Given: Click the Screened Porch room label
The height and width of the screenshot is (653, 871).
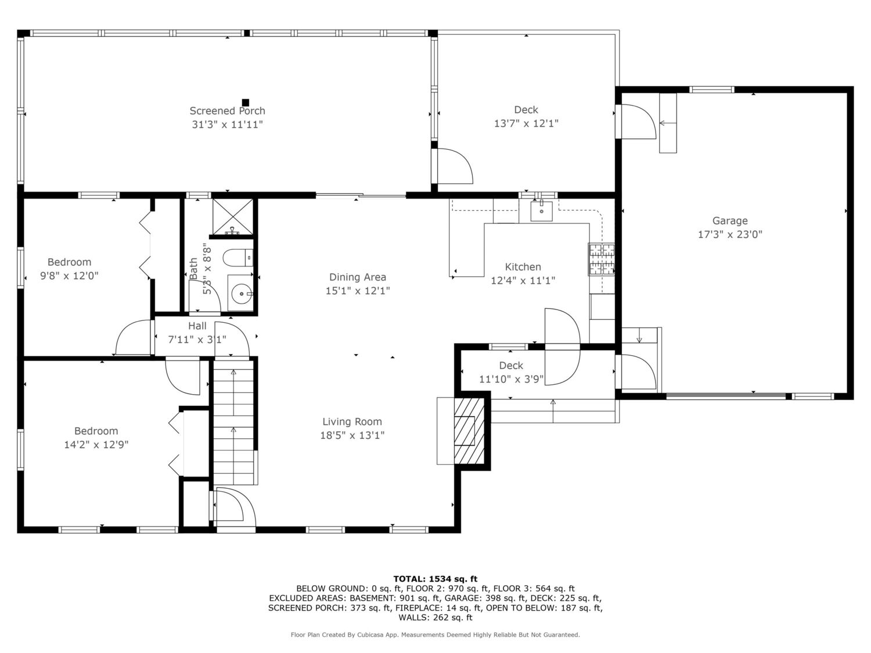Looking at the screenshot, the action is [x=227, y=111].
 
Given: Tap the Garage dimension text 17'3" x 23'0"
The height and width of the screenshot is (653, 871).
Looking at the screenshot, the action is [x=730, y=234].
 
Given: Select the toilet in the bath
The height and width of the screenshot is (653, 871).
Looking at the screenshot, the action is [x=237, y=258].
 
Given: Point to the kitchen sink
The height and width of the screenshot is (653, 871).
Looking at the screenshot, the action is [x=541, y=211].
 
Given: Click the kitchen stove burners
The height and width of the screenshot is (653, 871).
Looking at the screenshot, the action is [x=601, y=259].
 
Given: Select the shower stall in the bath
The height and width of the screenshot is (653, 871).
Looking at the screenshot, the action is [x=232, y=217].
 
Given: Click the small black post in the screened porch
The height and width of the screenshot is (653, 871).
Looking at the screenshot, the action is [x=246, y=102].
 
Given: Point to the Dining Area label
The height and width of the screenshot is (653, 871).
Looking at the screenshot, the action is [x=358, y=277].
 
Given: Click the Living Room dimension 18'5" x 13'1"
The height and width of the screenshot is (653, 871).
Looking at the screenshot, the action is [x=352, y=435].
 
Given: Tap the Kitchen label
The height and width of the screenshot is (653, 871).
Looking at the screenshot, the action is [x=523, y=267].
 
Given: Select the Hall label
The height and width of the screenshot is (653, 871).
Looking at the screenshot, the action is [x=197, y=326].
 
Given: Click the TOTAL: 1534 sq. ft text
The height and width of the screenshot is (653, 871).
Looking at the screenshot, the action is [x=435, y=579].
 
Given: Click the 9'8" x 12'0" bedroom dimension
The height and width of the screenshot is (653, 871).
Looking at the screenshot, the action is [x=69, y=276].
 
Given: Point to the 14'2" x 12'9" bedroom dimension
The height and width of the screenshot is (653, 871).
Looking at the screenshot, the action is [x=96, y=445].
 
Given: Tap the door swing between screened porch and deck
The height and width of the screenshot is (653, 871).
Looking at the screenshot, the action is [x=455, y=166].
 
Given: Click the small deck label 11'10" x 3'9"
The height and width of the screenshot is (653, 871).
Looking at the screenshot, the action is [x=511, y=379].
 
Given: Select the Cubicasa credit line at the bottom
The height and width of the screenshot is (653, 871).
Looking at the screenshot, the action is [x=435, y=635].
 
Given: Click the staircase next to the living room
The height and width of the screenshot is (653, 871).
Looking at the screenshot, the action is [x=234, y=421].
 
